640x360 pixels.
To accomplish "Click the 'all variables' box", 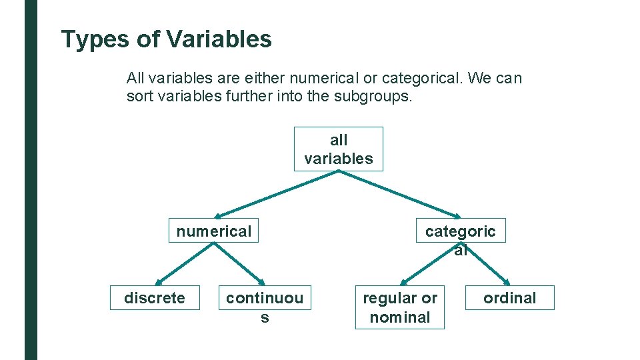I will click(x=339, y=149).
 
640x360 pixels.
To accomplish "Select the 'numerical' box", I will click(x=213, y=231).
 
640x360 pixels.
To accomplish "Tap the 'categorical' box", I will click(x=461, y=231).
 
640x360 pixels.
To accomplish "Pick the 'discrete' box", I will click(x=155, y=297).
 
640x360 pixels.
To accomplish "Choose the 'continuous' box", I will click(x=264, y=298).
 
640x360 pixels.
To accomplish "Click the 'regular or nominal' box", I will click(x=400, y=307).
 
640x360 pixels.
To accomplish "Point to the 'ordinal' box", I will click(x=509, y=297).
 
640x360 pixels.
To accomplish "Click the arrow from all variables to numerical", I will click(x=277, y=194).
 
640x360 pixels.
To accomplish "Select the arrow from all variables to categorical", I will click(x=399, y=194).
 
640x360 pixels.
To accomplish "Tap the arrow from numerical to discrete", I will click(x=184, y=264).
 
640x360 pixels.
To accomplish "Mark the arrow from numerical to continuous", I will click(x=239, y=264).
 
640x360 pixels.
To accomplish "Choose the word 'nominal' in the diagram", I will click(x=400, y=317).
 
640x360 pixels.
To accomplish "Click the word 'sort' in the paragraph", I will click(x=138, y=96).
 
